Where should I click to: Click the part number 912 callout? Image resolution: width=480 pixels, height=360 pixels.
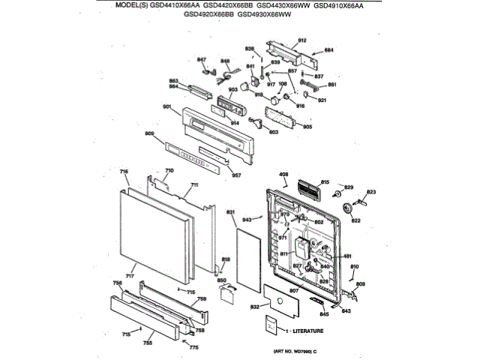click(303, 40)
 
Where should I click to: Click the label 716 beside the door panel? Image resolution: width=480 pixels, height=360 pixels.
click(124, 172)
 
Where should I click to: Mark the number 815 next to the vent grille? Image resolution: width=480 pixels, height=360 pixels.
click(325, 182)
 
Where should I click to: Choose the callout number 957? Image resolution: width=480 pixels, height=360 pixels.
click(236, 175)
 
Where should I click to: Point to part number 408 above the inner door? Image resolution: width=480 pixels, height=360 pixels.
click(283, 175)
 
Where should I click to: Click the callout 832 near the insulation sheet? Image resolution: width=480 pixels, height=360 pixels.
click(254, 307)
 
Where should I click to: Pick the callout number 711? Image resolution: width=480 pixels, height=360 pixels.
click(194, 184)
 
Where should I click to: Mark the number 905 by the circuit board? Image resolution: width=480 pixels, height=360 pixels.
click(307, 126)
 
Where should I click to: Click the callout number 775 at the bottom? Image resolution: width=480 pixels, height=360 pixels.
click(193, 347)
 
